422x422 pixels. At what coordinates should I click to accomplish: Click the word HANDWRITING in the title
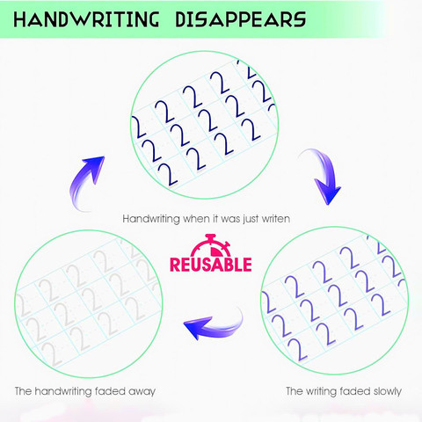coord(86,19)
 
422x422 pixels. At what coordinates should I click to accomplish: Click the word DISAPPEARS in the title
coord(241,19)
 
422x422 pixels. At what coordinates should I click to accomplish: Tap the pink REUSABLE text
coord(211,265)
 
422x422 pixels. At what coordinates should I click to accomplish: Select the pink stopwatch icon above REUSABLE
coord(211,245)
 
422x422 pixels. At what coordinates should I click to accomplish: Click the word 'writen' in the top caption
coord(276,219)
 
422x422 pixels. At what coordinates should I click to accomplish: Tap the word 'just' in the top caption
coord(251,220)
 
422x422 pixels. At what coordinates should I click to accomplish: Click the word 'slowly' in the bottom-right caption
coord(388,391)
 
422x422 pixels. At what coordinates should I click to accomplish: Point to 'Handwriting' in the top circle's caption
coord(151,219)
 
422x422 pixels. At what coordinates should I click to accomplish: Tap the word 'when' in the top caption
coord(195,219)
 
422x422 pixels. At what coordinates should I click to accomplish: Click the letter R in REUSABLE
coord(176,265)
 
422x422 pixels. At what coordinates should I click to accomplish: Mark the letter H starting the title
coord(20,20)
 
